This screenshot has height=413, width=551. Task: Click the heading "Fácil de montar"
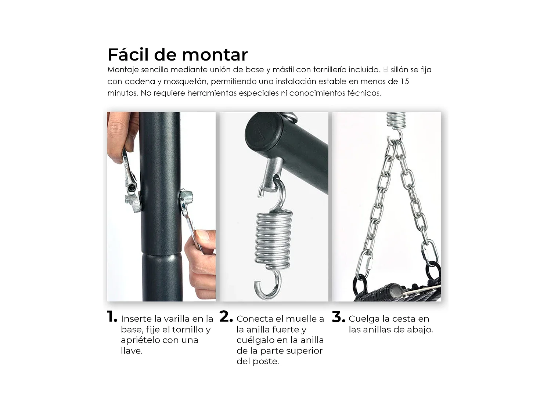177,55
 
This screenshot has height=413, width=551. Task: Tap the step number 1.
112,317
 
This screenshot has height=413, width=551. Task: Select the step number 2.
226,317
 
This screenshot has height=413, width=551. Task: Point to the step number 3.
338,317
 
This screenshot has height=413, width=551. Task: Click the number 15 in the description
404,81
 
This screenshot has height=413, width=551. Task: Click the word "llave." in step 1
132,351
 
